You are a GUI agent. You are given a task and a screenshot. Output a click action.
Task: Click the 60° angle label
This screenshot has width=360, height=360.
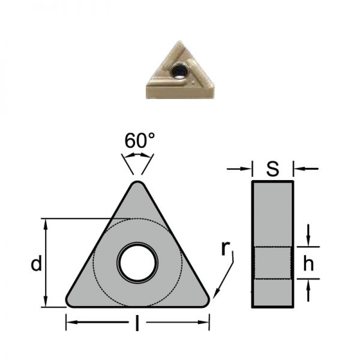pos(140,140)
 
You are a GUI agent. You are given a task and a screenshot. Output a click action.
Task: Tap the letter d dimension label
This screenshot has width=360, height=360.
pos(37,263)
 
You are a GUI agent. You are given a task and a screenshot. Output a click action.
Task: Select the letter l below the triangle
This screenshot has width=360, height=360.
pos(137,323)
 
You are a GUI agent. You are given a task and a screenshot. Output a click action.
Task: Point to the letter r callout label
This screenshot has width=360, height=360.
pos(226,248)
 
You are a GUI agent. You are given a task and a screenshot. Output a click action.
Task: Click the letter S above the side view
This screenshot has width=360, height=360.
pos(273,169)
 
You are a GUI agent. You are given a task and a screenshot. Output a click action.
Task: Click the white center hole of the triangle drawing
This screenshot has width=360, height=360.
pos(137,263)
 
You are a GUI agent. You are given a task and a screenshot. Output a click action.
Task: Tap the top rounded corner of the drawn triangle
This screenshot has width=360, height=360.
pos(137,184)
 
